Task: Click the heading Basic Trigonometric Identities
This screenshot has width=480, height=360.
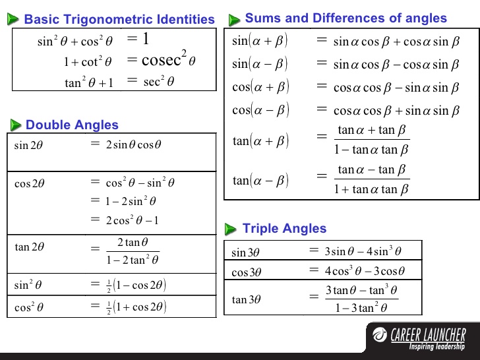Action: pyautogui.click(x=119, y=19)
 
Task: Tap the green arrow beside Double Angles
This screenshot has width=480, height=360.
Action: pyautogui.click(x=15, y=125)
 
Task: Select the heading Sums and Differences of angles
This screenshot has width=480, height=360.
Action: pyautogui.click(x=345, y=18)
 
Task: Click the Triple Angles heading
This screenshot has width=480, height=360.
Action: pyautogui.click(x=284, y=229)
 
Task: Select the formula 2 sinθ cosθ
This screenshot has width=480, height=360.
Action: pyautogui.click(x=134, y=144)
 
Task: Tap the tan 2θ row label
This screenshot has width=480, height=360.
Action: pyautogui.click(x=30, y=247)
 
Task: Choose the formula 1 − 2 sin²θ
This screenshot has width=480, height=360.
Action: pyautogui.click(x=132, y=201)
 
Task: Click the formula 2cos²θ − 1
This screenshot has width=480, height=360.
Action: pyautogui.click(x=133, y=220)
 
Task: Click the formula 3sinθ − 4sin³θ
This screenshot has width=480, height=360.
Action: pyautogui.click(x=363, y=251)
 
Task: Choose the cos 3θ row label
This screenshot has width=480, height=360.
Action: pyautogui.click(x=247, y=272)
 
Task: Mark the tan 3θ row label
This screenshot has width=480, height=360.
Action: pyautogui.click(x=247, y=299)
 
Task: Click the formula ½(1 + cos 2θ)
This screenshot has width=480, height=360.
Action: pyautogui.click(x=136, y=307)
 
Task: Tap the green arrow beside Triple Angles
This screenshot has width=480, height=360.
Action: pyautogui.click(x=230, y=229)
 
